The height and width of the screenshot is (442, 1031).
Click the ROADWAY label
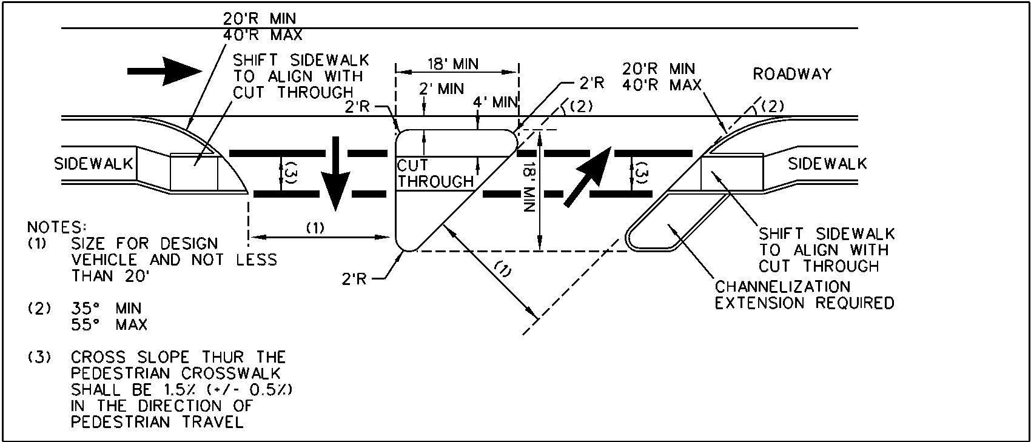tap(792, 74)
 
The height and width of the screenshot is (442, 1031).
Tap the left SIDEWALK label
tap(94, 164)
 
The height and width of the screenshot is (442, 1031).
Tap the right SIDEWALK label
tap(827, 164)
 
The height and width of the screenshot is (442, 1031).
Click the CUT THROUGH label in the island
tap(435, 173)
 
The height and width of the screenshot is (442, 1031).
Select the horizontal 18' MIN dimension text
tap(452, 64)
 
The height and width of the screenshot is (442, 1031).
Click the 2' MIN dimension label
tap(442, 90)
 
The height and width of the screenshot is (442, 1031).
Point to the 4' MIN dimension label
tap(495, 102)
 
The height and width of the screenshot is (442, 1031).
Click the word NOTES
tap(54, 227)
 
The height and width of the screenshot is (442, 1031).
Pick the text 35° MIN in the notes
tap(106, 308)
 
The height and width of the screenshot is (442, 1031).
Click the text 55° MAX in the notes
tap(109, 324)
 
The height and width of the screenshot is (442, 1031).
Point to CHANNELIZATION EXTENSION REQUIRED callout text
tap(804, 295)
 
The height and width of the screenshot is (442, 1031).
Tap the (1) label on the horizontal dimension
tap(315, 228)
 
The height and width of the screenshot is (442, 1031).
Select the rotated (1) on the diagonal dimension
tap(503, 269)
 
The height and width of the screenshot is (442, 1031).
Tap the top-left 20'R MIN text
tap(260, 19)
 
